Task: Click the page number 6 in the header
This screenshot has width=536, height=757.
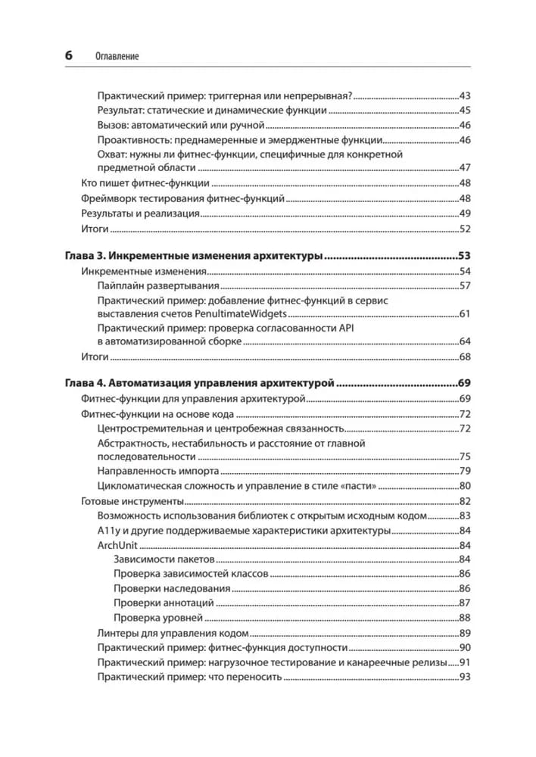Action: tap(68, 56)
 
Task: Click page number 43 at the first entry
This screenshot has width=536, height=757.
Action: tap(465, 96)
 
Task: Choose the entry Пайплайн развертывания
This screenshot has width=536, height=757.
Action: tap(158, 285)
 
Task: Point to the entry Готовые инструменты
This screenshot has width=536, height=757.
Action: tap(132, 501)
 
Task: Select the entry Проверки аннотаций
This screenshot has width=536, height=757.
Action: tap(164, 603)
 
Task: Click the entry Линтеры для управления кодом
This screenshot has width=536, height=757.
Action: tap(173, 632)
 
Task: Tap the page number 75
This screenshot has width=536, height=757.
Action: tap(465, 456)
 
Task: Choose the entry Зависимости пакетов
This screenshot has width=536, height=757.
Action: tap(164, 559)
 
